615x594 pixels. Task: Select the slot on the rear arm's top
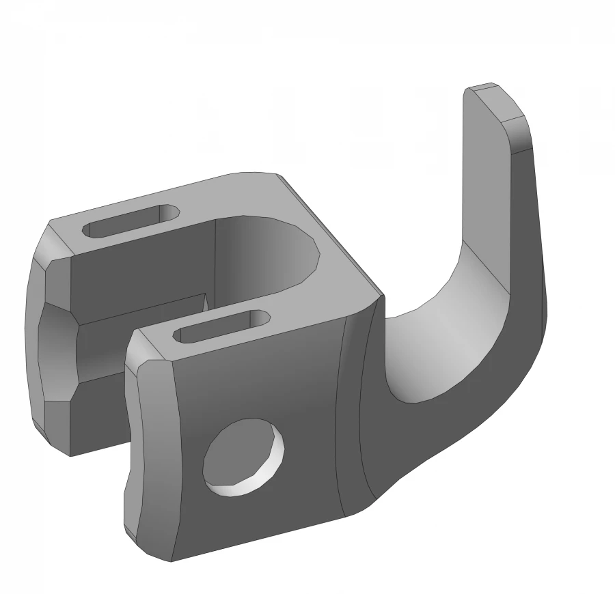(131, 221)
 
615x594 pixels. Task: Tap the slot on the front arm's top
(222, 326)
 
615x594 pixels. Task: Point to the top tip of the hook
(487, 89)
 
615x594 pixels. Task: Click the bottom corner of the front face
(171, 560)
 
